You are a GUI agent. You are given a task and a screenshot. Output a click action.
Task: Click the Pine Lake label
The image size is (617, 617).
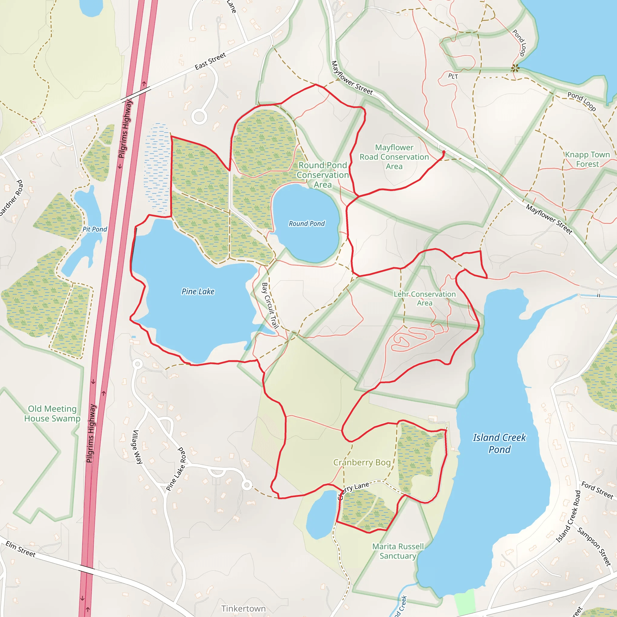coord(198,291)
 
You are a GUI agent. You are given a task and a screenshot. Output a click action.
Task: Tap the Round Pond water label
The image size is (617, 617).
coord(307,224)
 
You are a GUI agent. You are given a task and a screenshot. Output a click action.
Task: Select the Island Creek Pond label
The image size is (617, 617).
coord(500,443)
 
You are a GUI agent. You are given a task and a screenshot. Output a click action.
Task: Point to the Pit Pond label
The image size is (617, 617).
coord(95,229)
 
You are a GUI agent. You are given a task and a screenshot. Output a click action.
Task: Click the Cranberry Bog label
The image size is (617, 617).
coord(362,462)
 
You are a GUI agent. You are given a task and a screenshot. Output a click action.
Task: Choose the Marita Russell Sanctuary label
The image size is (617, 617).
coord(398,551)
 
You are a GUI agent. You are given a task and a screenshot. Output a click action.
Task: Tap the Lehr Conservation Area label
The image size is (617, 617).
coord(424,298)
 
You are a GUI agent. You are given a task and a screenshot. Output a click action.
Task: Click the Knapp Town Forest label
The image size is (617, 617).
coord(587,159)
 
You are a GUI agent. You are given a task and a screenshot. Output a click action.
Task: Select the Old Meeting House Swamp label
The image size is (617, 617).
coord(52,414)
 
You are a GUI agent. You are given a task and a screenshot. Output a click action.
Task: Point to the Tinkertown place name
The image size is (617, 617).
coord(243,608)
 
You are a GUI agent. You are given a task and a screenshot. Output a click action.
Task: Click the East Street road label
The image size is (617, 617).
coord(211,61)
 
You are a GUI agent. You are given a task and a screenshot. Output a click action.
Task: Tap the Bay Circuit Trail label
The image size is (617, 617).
coord(270,305)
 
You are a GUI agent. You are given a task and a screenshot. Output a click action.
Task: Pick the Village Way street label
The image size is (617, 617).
coord(138,447)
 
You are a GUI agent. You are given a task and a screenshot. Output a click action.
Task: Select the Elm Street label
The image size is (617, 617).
coord(20,549)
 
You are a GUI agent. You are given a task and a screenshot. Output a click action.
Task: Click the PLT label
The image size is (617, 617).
coord(453,76)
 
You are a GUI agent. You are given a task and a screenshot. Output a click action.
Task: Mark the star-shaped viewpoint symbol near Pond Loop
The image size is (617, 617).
coord(515,68)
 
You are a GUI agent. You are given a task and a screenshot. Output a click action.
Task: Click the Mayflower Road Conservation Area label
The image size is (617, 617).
coord(394,157)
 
